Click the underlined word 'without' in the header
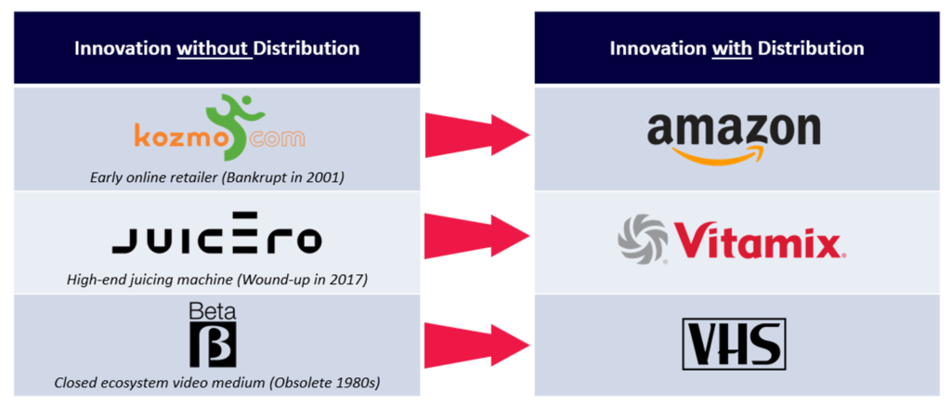[x=213, y=48]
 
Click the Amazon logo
[x=734, y=137]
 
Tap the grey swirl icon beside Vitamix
[x=641, y=239]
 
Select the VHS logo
[x=735, y=344]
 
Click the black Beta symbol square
[x=213, y=345]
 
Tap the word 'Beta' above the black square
[x=213, y=311]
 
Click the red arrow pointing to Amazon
[x=477, y=136]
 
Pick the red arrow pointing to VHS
[x=477, y=344]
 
